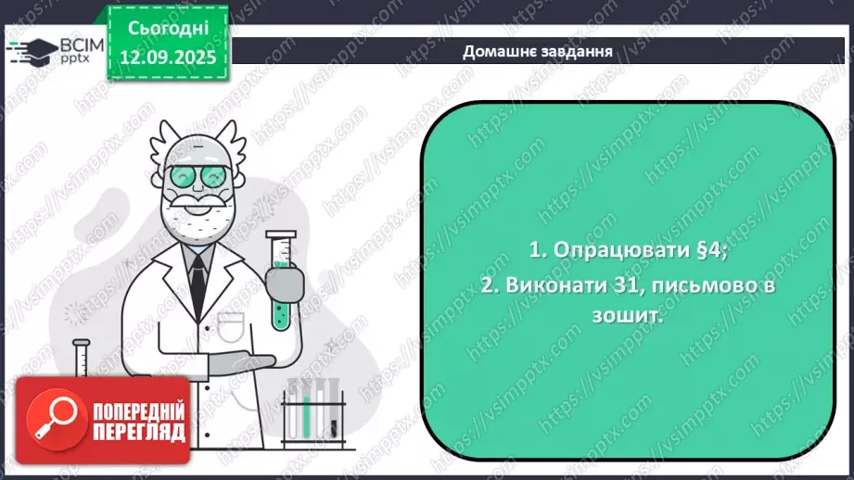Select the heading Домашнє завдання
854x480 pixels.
click(537, 51)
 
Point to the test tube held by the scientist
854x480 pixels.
click(280, 279)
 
